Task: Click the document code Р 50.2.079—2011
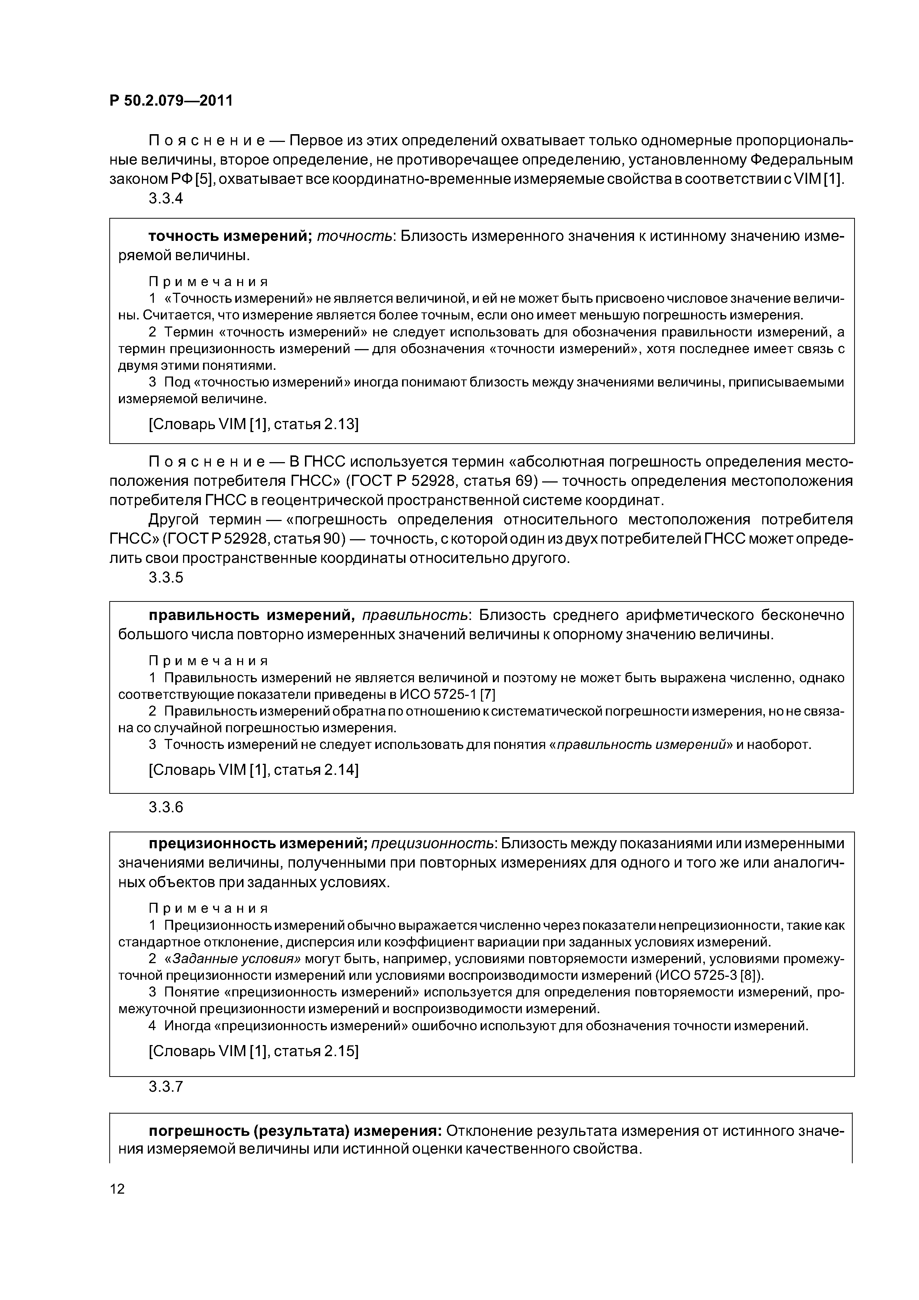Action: [x=171, y=101]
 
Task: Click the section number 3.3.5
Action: [x=166, y=577]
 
